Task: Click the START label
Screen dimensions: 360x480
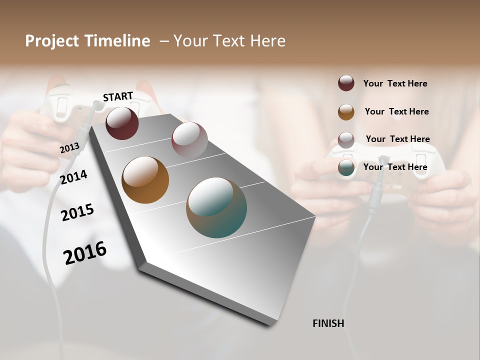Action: pyautogui.click(x=118, y=96)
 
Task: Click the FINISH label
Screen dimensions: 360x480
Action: pyautogui.click(x=328, y=323)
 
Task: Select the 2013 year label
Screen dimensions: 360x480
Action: pyautogui.click(x=69, y=148)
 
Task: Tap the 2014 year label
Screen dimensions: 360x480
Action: pyautogui.click(x=73, y=177)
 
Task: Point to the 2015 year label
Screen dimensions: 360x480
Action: pyautogui.click(x=77, y=212)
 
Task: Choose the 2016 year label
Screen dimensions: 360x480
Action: pyautogui.click(x=85, y=253)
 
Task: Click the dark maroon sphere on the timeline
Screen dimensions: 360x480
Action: pyautogui.click(x=122, y=123)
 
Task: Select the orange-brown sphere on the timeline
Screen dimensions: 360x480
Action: pyautogui.click(x=145, y=180)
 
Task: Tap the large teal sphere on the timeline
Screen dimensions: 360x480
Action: pyautogui.click(x=216, y=207)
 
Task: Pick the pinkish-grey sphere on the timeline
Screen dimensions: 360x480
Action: pyautogui.click(x=189, y=139)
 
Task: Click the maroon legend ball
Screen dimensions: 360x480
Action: pyautogui.click(x=346, y=83)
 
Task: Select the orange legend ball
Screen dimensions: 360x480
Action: pyautogui.click(x=346, y=112)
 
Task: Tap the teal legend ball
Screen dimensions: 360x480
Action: pyautogui.click(x=346, y=168)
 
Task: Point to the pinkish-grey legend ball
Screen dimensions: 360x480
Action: pyautogui.click(x=346, y=140)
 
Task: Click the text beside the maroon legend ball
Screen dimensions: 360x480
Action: pyautogui.click(x=395, y=83)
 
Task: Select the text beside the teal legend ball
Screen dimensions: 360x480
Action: pyautogui.click(x=395, y=167)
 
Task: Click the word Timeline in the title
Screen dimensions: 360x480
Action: pyautogui.click(x=117, y=41)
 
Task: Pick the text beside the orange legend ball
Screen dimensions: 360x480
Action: pyautogui.click(x=397, y=111)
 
